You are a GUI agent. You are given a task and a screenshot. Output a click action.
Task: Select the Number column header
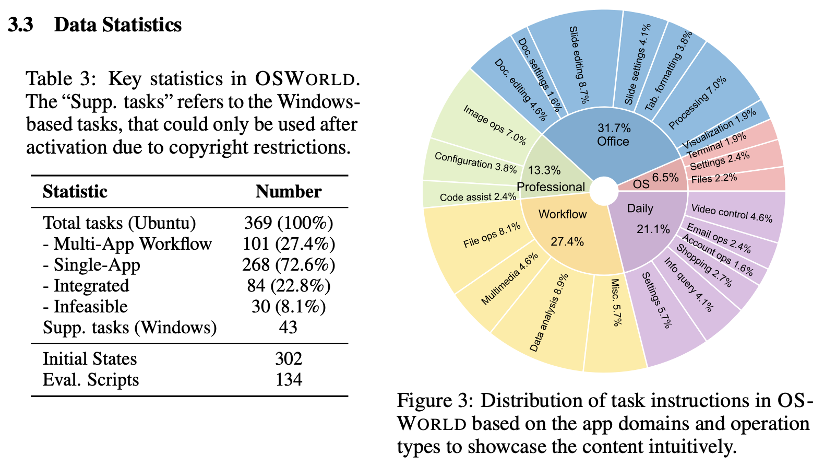pyautogui.click(x=288, y=192)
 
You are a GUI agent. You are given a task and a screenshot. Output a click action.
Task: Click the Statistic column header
pyautogui.click(x=75, y=192)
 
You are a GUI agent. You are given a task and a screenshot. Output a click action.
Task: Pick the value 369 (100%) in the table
pyautogui.click(x=288, y=223)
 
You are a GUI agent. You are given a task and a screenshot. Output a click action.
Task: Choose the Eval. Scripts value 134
pyautogui.click(x=289, y=379)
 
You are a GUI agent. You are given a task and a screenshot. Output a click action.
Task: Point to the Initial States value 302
pyautogui.click(x=289, y=359)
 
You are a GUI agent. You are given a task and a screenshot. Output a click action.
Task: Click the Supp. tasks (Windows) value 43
pyautogui.click(x=288, y=328)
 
